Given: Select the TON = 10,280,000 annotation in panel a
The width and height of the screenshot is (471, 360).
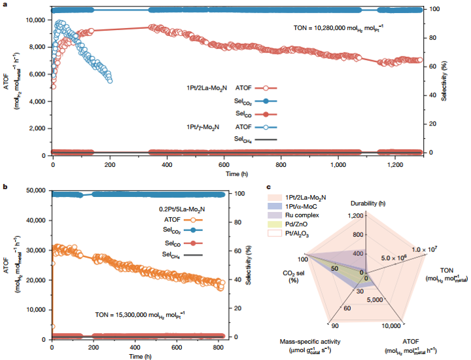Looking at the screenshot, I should tap(346, 28).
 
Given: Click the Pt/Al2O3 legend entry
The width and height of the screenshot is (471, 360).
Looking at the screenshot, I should tap(294, 232).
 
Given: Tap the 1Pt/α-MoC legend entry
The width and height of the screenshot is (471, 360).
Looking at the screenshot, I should tap(298, 205).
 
